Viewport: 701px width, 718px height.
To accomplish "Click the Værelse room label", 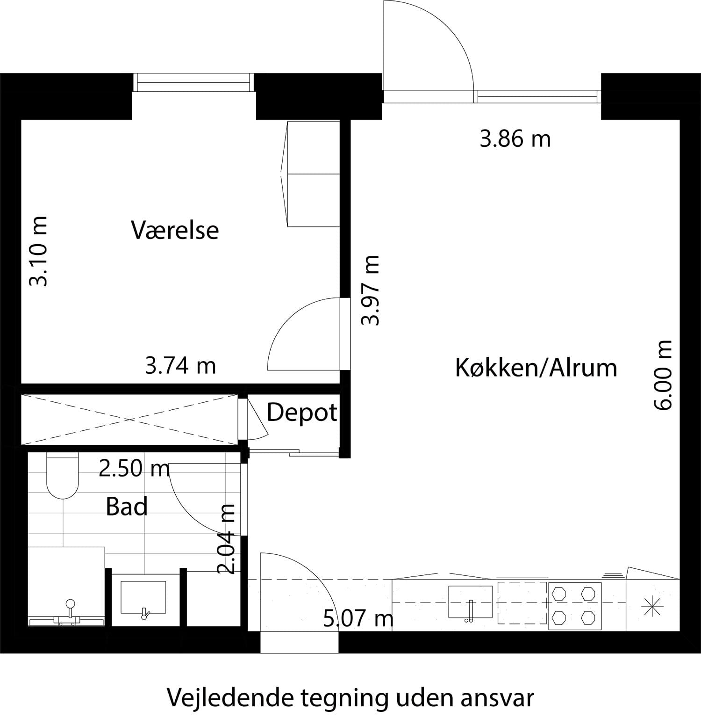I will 175,230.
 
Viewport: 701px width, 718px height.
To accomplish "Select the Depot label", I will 301,413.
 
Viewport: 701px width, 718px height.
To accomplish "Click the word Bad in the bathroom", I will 127,507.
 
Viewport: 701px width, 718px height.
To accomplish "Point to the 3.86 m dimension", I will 515,139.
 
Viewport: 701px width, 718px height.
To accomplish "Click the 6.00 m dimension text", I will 663,375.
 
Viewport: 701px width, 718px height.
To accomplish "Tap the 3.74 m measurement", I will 180,365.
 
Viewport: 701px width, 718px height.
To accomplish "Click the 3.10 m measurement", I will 38,251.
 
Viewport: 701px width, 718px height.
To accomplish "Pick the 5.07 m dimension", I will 358,618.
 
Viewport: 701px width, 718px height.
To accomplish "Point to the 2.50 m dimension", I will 134,468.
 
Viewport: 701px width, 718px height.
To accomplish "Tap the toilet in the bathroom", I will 62,476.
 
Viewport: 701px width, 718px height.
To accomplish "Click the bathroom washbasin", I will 143,598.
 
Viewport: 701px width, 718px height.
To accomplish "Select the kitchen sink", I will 470,602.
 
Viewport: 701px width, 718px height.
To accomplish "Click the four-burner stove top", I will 574,606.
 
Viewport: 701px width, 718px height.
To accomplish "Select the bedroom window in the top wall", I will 193,83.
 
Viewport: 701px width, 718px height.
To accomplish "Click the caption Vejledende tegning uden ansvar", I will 350,698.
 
